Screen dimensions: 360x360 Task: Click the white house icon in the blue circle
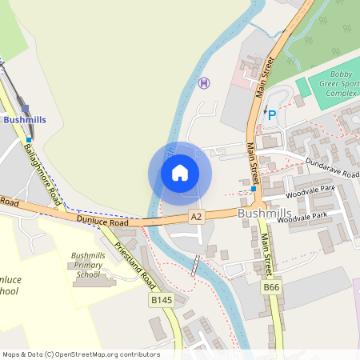[180, 172]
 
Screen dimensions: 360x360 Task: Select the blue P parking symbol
[272, 115]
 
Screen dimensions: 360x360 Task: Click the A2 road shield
[197, 217]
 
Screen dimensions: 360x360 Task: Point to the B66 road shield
[272, 286]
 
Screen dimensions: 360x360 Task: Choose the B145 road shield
[161, 300]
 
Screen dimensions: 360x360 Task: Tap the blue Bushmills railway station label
[25, 119]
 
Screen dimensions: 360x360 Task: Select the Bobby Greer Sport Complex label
[336, 87]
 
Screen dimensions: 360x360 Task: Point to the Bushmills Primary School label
[88, 265]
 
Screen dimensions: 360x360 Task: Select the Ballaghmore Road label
[42, 171]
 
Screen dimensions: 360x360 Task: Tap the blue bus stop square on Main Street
[254, 190]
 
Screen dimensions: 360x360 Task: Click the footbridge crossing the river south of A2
[194, 266]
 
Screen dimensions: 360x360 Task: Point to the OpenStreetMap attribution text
[80, 354]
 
